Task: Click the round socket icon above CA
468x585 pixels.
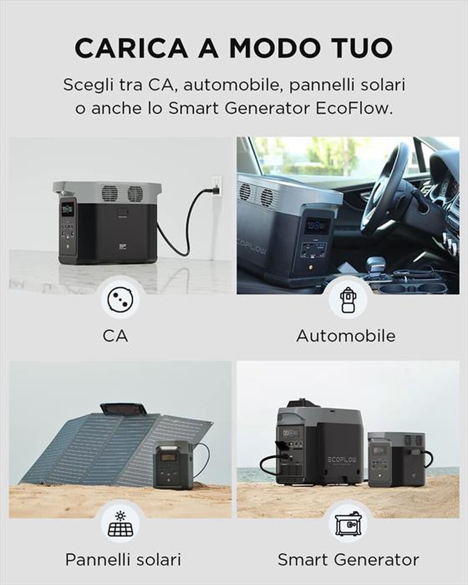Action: (120, 298)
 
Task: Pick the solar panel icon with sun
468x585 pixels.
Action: (120, 523)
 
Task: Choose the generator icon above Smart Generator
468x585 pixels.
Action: (348, 523)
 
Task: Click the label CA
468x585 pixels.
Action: (115, 336)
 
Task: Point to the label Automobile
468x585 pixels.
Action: (346, 336)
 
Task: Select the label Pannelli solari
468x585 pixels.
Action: (123, 559)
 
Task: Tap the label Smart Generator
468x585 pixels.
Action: (348, 559)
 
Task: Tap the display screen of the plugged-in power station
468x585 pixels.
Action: (67, 209)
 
